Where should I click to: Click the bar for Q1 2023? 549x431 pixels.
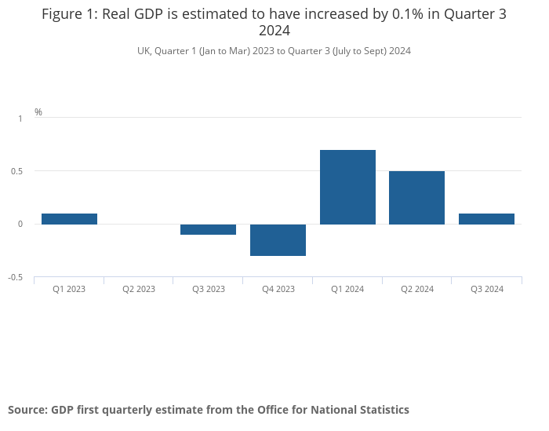pos(69,219)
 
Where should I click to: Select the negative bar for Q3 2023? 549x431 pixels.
pos(208,229)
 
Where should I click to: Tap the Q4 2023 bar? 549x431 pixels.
pos(278,239)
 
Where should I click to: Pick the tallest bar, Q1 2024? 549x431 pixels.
pos(347,187)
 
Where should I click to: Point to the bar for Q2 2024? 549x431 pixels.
pos(416,198)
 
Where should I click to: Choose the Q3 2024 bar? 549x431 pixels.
pos(486,219)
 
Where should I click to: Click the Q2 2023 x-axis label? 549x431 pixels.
pos(139,289)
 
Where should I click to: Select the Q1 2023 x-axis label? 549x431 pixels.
pos(69,289)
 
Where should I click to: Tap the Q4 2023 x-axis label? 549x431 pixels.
pos(278,289)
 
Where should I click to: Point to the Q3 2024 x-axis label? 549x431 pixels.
pos(486,289)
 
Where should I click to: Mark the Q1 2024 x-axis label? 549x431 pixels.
pos(347,289)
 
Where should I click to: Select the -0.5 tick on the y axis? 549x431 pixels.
pos(16,278)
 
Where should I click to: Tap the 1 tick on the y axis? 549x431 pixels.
pos(20,119)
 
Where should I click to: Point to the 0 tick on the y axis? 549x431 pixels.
pos(20,225)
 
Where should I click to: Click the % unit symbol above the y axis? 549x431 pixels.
pos(38,112)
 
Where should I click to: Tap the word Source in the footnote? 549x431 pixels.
pos(27,410)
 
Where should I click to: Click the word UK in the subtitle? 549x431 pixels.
pos(144,51)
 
